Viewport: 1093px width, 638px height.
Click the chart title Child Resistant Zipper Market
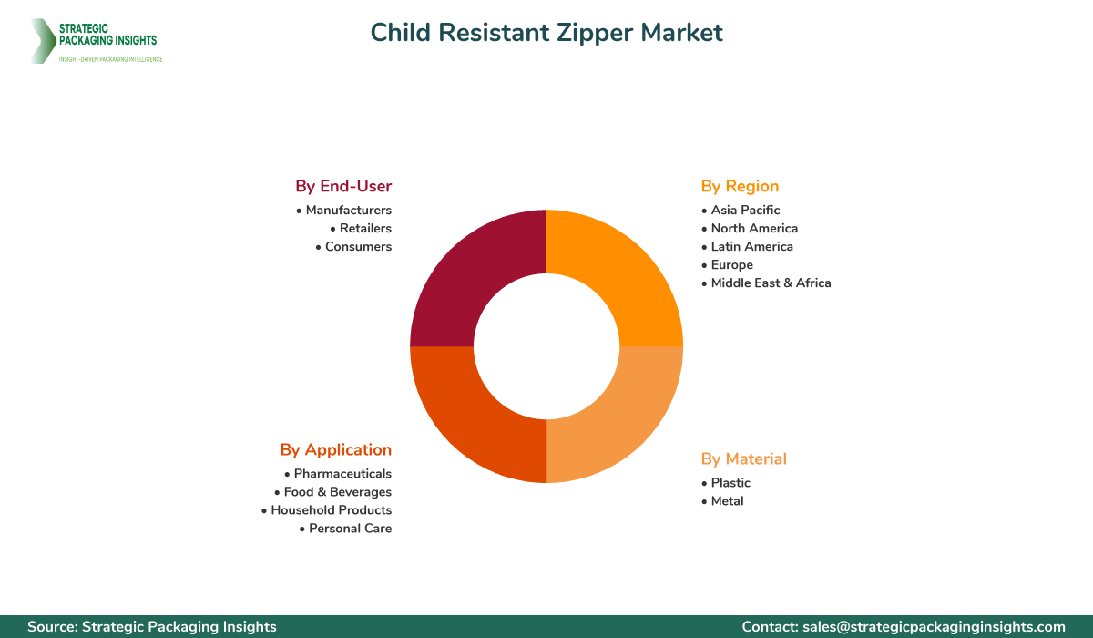(x=546, y=33)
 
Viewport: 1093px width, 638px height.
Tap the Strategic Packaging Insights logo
(x=96, y=41)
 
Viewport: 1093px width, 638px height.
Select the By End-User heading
(x=343, y=186)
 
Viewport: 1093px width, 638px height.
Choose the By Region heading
(x=740, y=186)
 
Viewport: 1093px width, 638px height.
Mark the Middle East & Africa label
(x=771, y=283)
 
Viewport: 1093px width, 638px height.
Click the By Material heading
(x=743, y=458)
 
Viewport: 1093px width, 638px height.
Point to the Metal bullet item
(x=727, y=500)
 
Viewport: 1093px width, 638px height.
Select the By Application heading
(x=336, y=449)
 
